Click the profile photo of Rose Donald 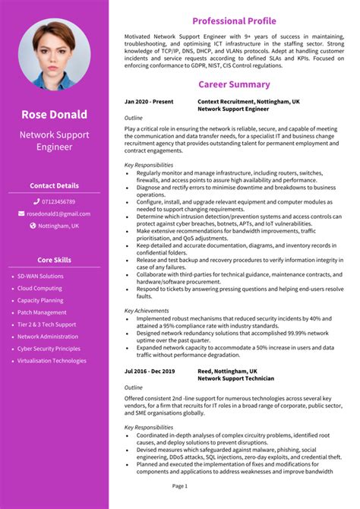point(54,55)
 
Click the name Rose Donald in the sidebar point(54,115)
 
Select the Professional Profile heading point(234,21)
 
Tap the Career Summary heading point(234,84)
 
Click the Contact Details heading point(54,185)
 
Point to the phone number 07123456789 point(58,201)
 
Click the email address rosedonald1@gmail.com point(58,213)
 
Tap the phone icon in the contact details point(36,201)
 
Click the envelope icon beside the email point(21,213)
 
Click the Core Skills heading point(54,260)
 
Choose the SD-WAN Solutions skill point(40,276)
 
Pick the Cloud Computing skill point(39,288)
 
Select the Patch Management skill point(42,312)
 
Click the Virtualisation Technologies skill point(52,361)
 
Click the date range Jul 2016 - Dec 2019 point(150,371)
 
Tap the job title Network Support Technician point(235,378)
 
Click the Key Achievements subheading point(147,310)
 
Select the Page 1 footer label point(180,485)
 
